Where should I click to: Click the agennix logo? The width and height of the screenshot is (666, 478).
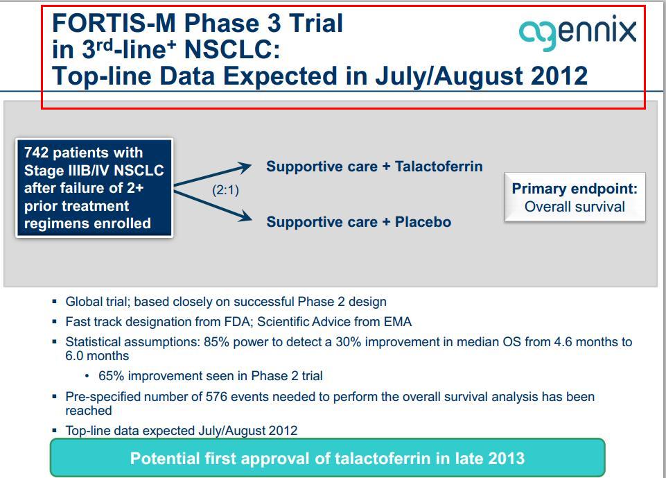coord(578,33)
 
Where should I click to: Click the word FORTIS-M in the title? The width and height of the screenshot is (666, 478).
coord(114,23)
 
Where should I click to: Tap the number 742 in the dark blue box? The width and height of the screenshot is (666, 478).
coord(36,152)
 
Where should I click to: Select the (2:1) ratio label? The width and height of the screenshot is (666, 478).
coord(225,189)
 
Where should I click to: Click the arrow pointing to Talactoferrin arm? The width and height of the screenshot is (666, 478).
coord(213,174)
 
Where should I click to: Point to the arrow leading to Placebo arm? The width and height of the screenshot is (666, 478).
coord(213,206)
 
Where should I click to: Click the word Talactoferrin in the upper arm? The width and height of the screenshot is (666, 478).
coord(439,167)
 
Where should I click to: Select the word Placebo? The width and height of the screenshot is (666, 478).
coord(423,222)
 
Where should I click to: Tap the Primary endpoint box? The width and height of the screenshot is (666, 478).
coord(575,197)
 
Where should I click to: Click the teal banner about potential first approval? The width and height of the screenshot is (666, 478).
coord(328,458)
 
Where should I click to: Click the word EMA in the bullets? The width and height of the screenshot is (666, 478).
coord(398,322)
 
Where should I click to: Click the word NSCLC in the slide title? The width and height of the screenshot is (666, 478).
coord(232,49)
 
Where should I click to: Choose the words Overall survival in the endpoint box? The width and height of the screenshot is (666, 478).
coord(575,207)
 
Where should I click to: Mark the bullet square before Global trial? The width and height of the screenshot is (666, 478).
coord(54,302)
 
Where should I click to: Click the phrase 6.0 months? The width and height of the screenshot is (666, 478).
coord(97,356)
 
